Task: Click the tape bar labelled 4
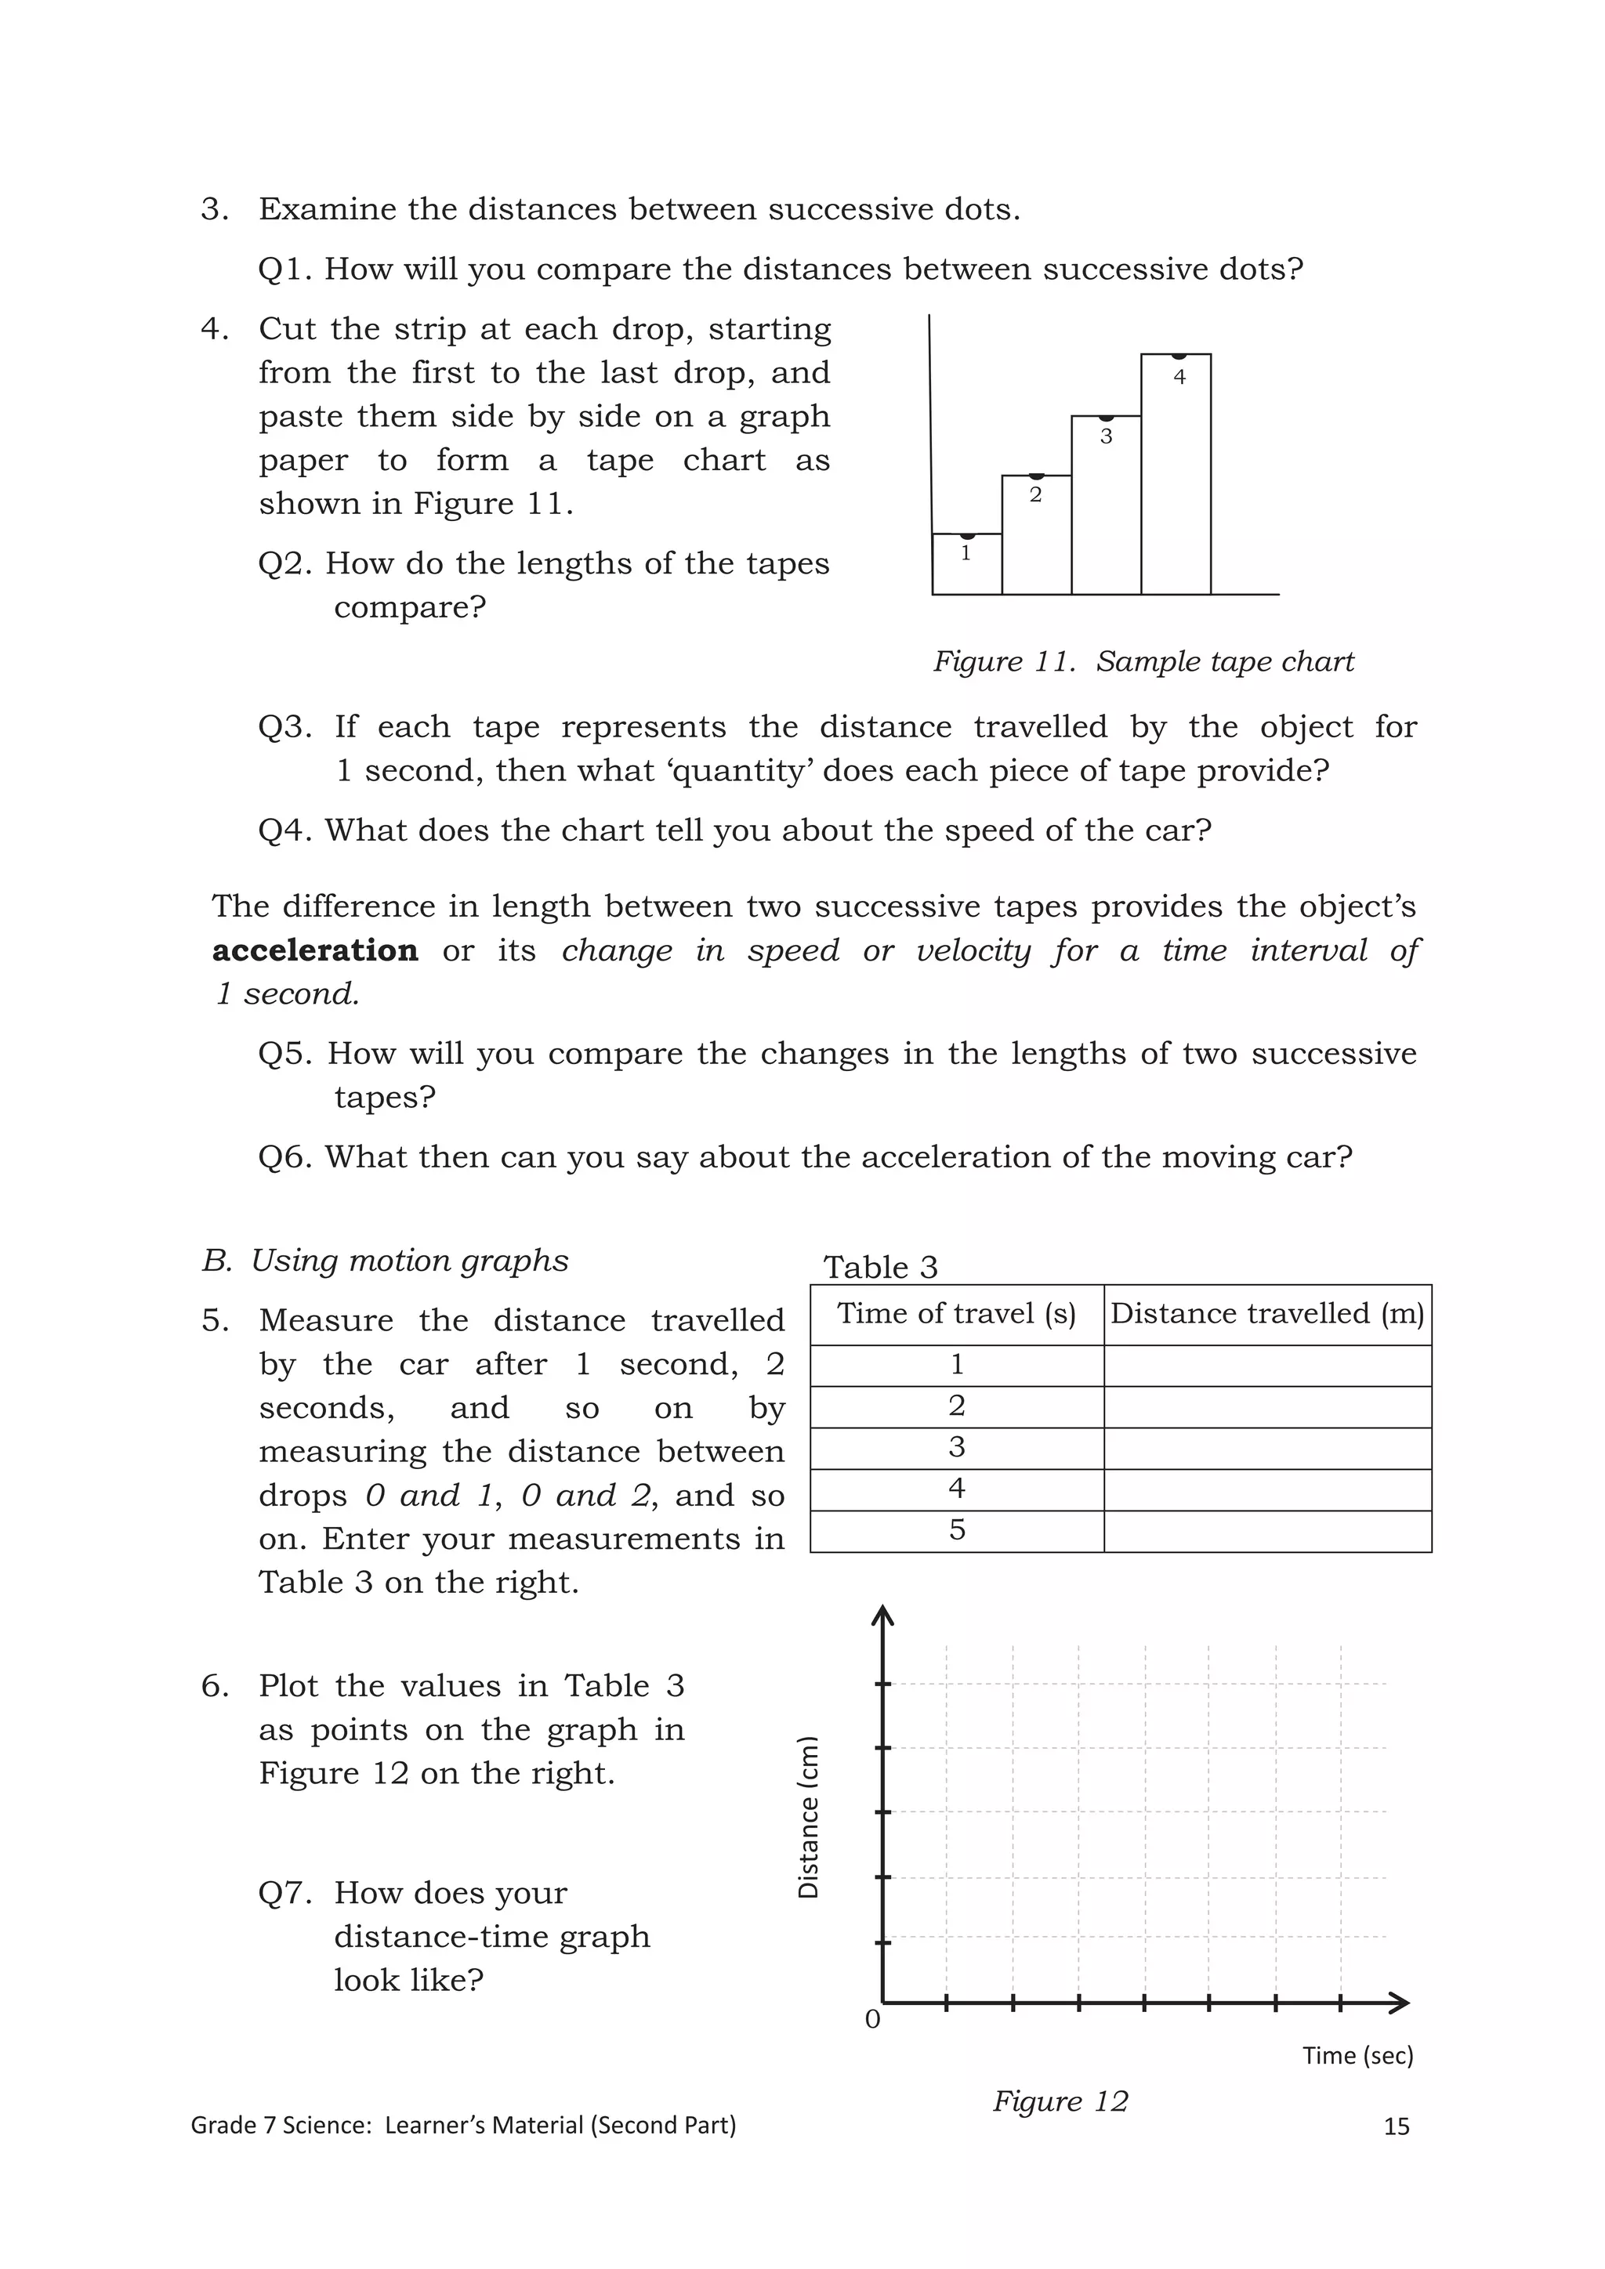point(1176,474)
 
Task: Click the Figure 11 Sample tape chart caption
point(1143,661)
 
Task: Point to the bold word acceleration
point(314,950)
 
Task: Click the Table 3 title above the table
point(879,1267)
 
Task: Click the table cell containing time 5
point(955,1531)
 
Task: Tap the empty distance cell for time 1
point(1267,1366)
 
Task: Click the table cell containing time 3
point(955,1448)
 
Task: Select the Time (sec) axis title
point(1357,2056)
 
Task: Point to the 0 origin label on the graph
point(871,2020)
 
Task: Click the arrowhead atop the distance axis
point(882,1615)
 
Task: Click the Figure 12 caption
point(1060,2101)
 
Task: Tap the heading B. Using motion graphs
point(386,1261)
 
